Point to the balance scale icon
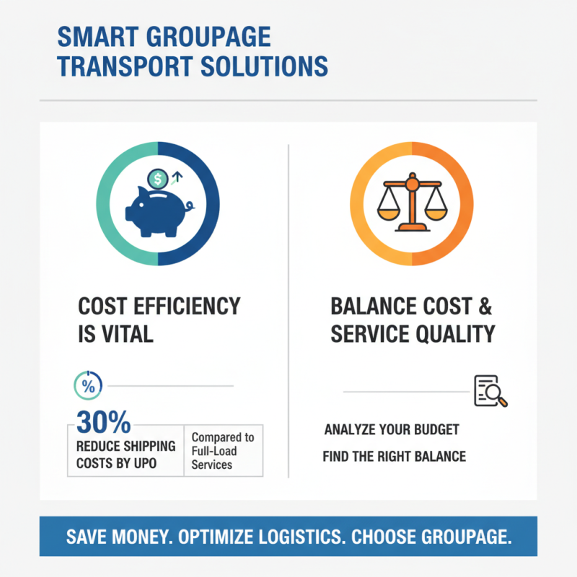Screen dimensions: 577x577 [411, 204]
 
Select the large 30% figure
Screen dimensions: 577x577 [102, 420]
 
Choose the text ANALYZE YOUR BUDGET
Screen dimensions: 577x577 [392, 430]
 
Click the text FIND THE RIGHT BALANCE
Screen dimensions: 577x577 [394, 456]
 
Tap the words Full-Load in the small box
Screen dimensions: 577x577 [213, 452]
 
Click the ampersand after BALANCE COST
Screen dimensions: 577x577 [483, 306]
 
